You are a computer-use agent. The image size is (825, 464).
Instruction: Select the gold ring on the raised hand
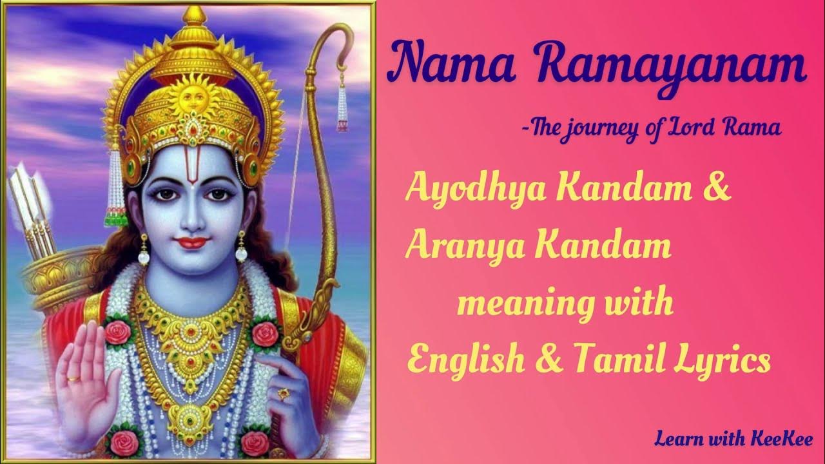point(74,379)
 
